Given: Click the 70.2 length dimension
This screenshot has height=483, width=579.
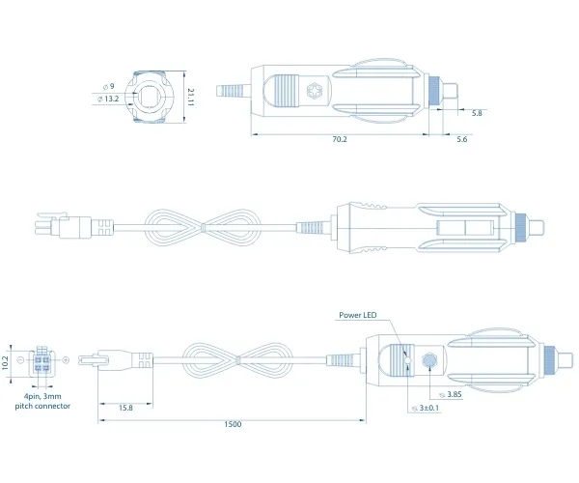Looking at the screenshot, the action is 340,139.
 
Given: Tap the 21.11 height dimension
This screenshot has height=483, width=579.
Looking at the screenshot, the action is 190,98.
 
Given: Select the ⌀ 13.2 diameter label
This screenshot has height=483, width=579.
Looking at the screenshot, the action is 108,99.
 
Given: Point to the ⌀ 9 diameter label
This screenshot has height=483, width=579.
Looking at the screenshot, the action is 108,87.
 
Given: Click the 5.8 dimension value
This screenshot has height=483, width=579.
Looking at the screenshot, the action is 477,113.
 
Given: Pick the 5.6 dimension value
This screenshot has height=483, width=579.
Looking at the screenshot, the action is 462,139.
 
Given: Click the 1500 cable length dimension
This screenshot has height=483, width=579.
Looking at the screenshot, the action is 233,424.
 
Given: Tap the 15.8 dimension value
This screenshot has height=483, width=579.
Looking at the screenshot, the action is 125,408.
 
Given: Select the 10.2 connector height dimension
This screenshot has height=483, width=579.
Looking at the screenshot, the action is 5,363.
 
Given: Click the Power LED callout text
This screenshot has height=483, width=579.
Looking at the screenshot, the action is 358,315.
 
